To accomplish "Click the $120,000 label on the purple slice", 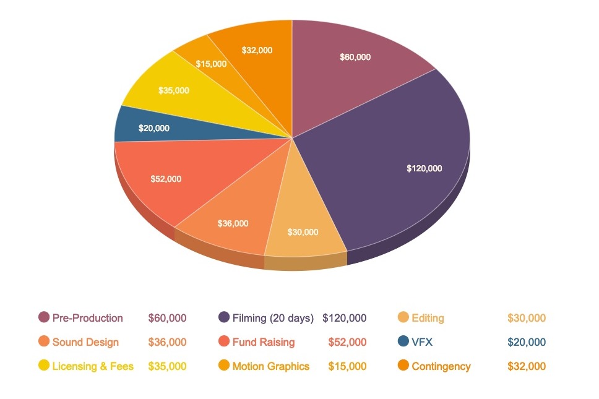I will pyautogui.click(x=424, y=168).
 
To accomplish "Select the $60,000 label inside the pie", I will pyautogui.click(x=355, y=57).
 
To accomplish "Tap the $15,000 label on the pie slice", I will pyautogui.click(x=211, y=64).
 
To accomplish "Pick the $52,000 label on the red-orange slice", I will pyautogui.click(x=166, y=179).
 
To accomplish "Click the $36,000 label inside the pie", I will pyautogui.click(x=233, y=223).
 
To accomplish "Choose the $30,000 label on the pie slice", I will pyautogui.click(x=303, y=233).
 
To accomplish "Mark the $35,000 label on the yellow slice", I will pyautogui.click(x=174, y=90).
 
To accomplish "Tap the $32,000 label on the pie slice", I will pyautogui.click(x=257, y=51).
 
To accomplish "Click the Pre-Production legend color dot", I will pyautogui.click(x=44, y=318).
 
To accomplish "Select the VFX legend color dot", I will pyautogui.click(x=403, y=341).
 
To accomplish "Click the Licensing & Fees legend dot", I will pyautogui.click(x=44, y=366).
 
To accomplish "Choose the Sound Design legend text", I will pyautogui.click(x=85, y=342).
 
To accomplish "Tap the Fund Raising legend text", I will pyautogui.click(x=264, y=342).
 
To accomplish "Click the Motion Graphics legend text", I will pyautogui.click(x=271, y=366).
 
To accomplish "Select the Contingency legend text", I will pyautogui.click(x=441, y=366).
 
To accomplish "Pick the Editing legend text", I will pyautogui.click(x=428, y=318).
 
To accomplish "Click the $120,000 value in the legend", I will pyautogui.click(x=345, y=318).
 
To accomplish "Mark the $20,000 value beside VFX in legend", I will pyautogui.click(x=527, y=342).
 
